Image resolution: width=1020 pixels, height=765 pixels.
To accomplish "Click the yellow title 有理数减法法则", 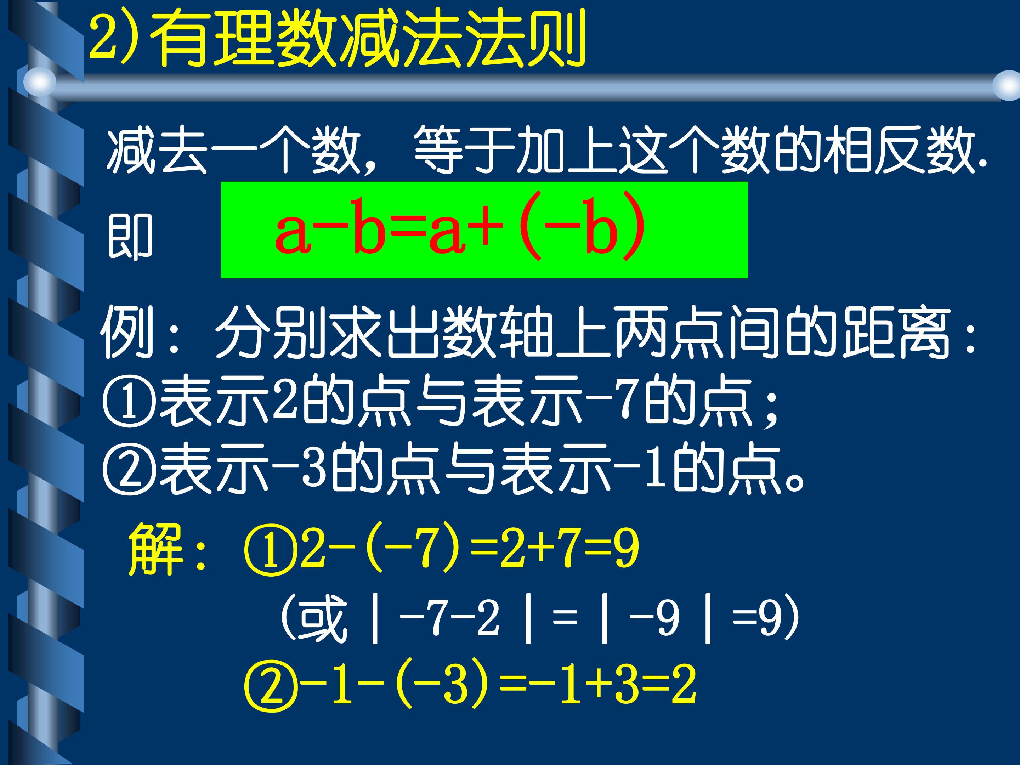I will [x=369, y=39].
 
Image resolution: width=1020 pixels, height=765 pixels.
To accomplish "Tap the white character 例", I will [x=127, y=332].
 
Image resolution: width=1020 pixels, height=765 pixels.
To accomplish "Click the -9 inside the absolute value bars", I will [x=655, y=618].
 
